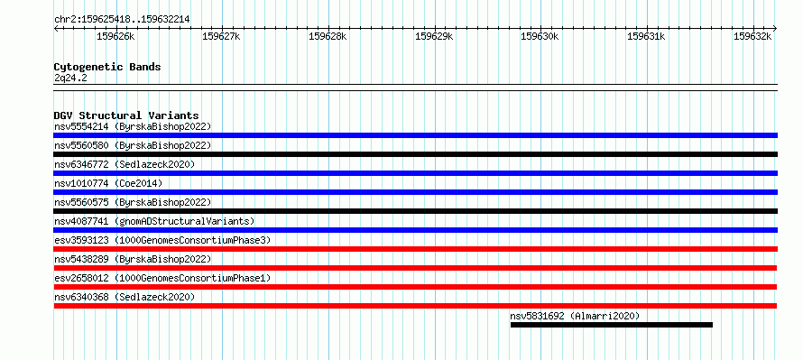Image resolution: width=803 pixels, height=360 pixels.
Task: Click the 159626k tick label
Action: point(115,36)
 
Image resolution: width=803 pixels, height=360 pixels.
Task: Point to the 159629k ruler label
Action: point(434,36)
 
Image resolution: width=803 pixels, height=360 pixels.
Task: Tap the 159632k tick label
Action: point(752,36)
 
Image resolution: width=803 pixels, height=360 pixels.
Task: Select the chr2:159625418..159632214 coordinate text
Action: point(122,20)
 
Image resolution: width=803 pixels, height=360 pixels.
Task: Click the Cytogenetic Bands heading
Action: point(107,67)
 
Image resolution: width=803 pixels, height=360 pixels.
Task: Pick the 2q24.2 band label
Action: point(68,78)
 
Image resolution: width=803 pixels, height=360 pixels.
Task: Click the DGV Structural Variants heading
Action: point(126,115)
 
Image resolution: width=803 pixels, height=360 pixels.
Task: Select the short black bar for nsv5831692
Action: point(612,325)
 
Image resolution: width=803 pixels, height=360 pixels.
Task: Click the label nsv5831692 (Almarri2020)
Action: point(575,316)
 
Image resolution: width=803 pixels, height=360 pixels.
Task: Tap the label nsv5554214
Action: point(81,126)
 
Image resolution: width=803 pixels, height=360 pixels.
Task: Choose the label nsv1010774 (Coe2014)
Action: point(108,183)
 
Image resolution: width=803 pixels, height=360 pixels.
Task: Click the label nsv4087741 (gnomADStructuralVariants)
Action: point(154,221)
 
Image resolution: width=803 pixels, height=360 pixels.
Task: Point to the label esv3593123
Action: point(81,240)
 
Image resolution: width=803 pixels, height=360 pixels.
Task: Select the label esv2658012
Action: point(81,278)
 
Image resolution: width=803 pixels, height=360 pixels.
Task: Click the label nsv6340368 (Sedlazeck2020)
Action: point(125,297)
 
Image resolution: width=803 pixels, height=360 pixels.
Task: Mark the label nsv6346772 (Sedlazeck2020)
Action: point(125,164)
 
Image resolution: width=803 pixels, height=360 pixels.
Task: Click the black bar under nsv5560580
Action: point(415,154)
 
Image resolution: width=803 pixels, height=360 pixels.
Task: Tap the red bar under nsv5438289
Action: point(415,268)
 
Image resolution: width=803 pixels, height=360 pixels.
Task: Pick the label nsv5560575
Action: point(81,202)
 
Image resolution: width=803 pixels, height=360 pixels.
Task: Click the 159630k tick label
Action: point(540,36)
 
